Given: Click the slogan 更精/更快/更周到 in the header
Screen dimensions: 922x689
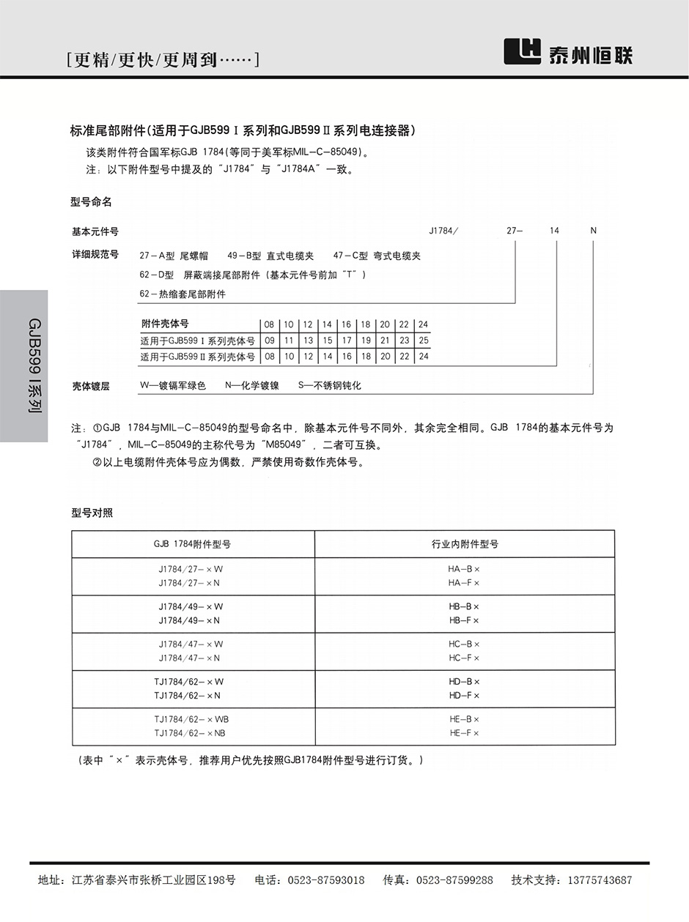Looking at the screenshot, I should (162, 59).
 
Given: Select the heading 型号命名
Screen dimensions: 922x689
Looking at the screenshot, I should (92, 201).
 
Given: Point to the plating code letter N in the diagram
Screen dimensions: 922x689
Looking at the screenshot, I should (594, 231).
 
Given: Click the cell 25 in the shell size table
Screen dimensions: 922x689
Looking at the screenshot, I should (423, 341).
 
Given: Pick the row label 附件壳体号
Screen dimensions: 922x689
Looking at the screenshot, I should (165, 324).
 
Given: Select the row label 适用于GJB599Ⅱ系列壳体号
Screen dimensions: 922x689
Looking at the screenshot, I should (197, 357).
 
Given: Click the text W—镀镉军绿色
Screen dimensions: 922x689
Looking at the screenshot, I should (173, 385).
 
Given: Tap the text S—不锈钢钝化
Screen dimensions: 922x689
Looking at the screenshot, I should (329, 385).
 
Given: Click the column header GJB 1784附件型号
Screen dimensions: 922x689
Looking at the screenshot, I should (192, 544).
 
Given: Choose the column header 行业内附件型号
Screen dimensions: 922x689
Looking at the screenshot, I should (465, 544).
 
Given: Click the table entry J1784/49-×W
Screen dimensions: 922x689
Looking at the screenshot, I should (191, 606).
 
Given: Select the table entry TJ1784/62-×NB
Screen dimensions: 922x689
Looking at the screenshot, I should (190, 733).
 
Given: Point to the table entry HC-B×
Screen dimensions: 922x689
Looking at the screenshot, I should (464, 644).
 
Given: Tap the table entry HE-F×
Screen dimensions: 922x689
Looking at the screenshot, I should (464, 733).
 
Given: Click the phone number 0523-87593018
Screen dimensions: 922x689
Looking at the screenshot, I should (325, 880).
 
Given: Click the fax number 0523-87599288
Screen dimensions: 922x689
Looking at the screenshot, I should (454, 880).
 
